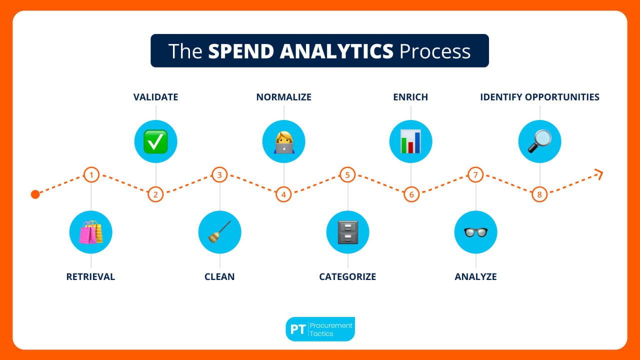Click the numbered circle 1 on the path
pos(91,174)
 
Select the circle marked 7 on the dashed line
pos(475,174)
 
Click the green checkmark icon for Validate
pos(155,141)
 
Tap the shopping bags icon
pos(90,232)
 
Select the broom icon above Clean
pos(219,232)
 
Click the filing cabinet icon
pos(347,232)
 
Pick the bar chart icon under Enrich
pos(410,141)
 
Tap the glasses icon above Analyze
pos(475,232)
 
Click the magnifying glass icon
pos(539,141)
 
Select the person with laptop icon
pos(283,141)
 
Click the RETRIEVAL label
pos(90,276)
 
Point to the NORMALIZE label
pos(283,97)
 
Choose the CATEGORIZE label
pos(347,276)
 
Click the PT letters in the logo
pos(298,329)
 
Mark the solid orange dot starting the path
pos(35,194)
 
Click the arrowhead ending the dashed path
pos(599,174)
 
